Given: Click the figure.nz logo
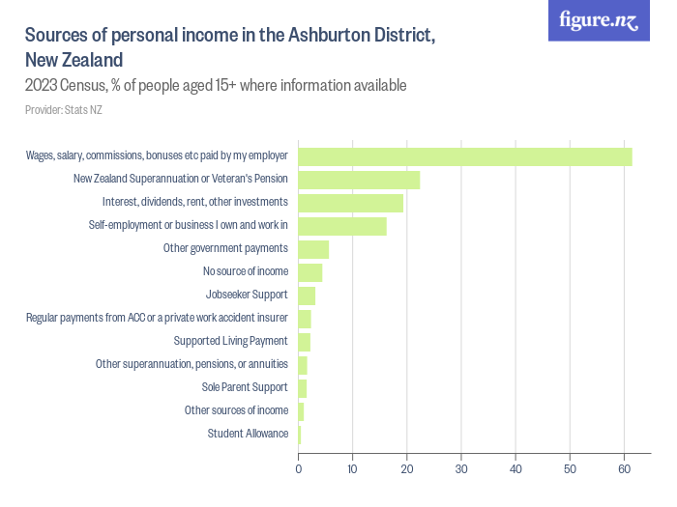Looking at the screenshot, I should point(599,20).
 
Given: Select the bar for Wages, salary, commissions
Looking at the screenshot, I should point(464,156).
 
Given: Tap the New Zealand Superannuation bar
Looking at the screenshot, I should point(359,180).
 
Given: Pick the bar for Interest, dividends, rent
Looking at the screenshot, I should point(350,203).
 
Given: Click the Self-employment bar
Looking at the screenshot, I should point(342,226).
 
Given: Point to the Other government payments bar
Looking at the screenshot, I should point(313,249).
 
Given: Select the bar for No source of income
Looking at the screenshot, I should point(309,272).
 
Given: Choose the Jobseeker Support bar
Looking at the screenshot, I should point(307,296).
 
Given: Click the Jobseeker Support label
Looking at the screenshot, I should point(247,295).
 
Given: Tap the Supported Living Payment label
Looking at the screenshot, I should point(230,341).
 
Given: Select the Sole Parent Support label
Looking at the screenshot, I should point(245,387).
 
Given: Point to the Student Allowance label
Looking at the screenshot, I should point(248,434).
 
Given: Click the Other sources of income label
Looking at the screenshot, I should point(236,410).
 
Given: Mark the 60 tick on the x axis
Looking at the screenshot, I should point(625,469).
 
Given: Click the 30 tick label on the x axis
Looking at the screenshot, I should point(461,469).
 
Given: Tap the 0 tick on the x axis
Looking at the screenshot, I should point(298,469).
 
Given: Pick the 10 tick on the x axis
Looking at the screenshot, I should point(353,469).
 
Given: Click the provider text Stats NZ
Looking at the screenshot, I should point(64,110).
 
